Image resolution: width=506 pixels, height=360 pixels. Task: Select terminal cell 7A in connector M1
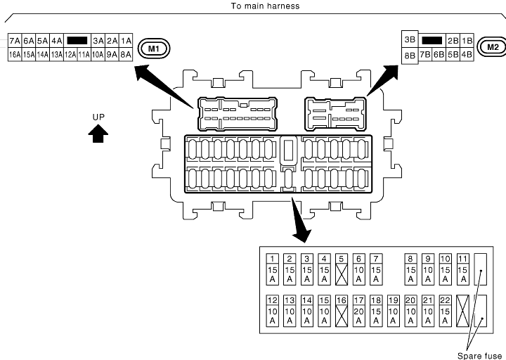click(14, 41)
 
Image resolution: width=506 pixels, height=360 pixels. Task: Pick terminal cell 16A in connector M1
click(14, 53)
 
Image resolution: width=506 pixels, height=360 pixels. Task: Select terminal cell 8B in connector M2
click(409, 54)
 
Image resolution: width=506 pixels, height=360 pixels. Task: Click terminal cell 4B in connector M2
click(467, 54)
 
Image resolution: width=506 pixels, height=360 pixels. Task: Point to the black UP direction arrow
click(98, 134)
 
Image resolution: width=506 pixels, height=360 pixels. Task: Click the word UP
click(98, 116)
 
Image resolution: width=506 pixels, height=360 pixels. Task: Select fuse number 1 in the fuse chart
click(273, 269)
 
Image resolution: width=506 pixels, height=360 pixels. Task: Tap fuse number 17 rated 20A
click(358, 310)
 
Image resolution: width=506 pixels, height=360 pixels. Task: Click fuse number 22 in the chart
click(444, 310)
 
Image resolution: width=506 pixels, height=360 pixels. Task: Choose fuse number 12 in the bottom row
click(273, 310)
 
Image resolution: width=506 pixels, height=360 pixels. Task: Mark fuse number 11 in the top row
click(462, 269)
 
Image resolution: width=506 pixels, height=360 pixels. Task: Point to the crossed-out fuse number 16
click(342, 310)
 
